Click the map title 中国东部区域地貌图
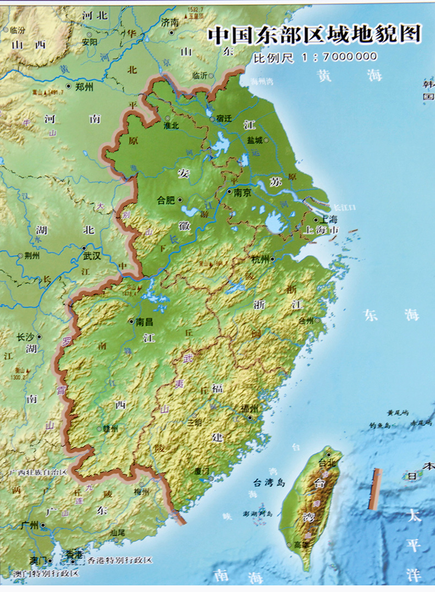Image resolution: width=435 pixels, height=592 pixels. [314, 35]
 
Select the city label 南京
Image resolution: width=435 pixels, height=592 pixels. [242, 193]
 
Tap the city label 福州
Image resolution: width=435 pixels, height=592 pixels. [249, 409]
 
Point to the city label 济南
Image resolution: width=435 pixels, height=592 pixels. [170, 23]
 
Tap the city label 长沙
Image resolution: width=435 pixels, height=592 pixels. [25, 337]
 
